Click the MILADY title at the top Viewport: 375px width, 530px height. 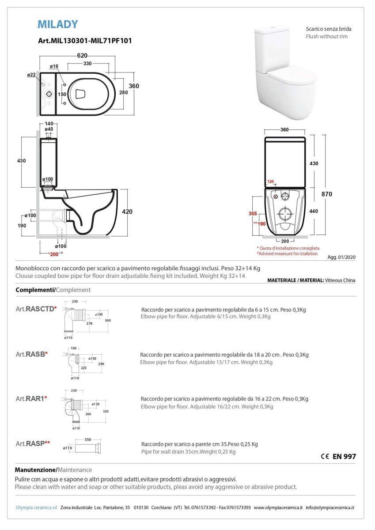pyautogui.click(x=58, y=24)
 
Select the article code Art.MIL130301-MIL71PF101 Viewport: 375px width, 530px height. pyautogui.click(x=85, y=41)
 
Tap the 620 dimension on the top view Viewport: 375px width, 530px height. pyautogui.click(x=82, y=55)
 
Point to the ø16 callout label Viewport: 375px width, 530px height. pyautogui.click(x=54, y=66)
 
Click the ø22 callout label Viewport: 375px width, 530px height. pyautogui.click(x=31, y=75)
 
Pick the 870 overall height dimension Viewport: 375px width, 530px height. pyautogui.click(x=326, y=194)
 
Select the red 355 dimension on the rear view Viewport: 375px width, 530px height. pyautogui.click(x=253, y=213)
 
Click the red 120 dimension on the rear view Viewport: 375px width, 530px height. pyautogui.click(x=270, y=182)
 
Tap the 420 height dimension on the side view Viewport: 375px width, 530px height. pyautogui.click(x=127, y=212)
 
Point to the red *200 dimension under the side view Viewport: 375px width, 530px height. pyautogui.click(x=53, y=254)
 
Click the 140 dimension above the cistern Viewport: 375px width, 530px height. pyautogui.click(x=49, y=124)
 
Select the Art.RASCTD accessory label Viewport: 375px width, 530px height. pyautogui.click(x=36, y=309)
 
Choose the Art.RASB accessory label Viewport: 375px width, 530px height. pyautogui.click(x=32, y=354)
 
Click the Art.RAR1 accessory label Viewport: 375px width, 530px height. pyautogui.click(x=31, y=399)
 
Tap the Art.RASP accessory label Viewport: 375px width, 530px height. pyautogui.click(x=33, y=443)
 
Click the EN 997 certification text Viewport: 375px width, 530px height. pyautogui.click(x=344, y=456)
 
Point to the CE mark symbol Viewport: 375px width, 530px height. pyautogui.click(x=325, y=456)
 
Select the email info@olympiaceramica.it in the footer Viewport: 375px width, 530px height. pyautogui.click(x=330, y=507)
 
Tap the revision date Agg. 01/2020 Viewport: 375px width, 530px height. pyautogui.click(x=341, y=257)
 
